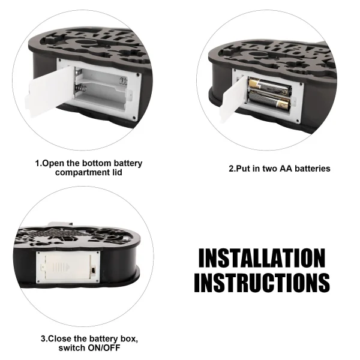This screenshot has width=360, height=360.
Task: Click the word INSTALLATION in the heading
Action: tap(262, 258)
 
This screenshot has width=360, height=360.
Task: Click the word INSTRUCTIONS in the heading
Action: tap(262, 283)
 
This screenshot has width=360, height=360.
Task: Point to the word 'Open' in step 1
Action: tap(53, 163)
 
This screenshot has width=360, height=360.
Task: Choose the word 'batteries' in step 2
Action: tap(313, 169)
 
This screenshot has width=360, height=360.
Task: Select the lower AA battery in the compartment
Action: tap(269, 100)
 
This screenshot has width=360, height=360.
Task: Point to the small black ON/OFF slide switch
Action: tap(93, 270)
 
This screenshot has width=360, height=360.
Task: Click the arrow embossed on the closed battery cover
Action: tap(61, 267)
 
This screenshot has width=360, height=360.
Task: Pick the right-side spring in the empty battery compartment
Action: tap(123, 81)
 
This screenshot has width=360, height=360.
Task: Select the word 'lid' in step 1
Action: tap(117, 172)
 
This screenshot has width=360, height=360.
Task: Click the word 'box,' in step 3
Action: tap(129, 339)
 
